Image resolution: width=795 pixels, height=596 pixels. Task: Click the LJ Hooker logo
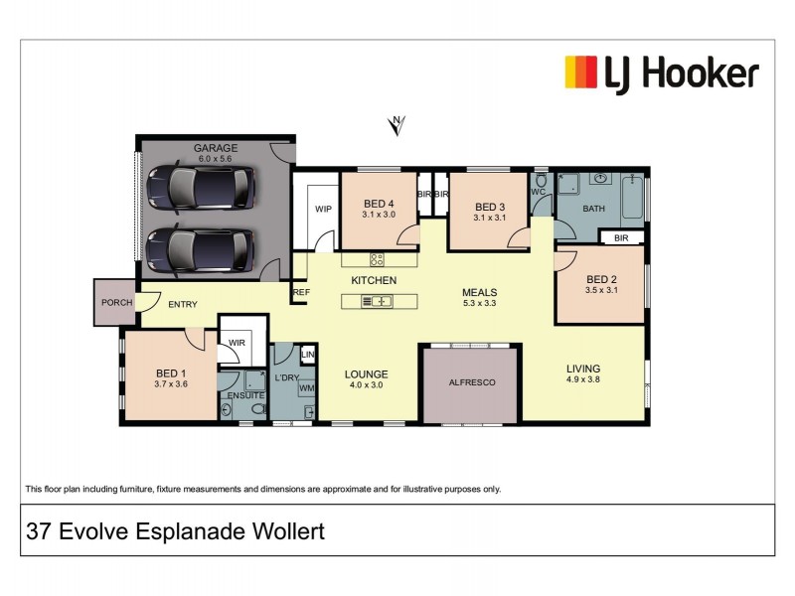[x=661, y=74]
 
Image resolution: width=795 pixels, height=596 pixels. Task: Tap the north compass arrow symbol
[x=397, y=124]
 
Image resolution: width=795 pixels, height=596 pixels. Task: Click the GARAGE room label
[x=216, y=148]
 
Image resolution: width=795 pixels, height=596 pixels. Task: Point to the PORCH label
[x=114, y=303]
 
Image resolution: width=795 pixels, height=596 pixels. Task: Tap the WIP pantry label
[x=323, y=210]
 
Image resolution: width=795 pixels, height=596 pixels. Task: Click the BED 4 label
[x=379, y=203]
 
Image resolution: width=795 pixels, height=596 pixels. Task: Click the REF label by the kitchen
[x=300, y=293]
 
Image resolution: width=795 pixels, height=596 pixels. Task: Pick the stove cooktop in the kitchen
[x=378, y=259]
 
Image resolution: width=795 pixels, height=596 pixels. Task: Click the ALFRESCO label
[x=471, y=381]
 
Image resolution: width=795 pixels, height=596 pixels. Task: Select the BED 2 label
[x=602, y=279]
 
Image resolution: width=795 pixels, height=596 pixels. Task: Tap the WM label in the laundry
[x=307, y=388]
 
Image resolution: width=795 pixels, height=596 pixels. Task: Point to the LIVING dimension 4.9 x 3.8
[x=583, y=379]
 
